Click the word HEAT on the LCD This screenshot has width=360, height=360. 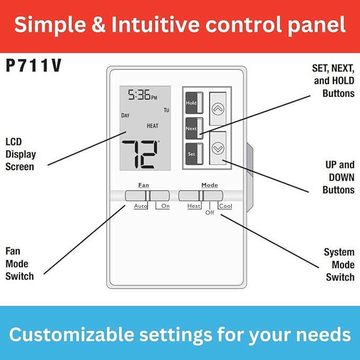pos(153,126)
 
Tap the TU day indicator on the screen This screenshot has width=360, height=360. pos(166,110)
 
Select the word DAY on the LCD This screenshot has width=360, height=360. pos(125,116)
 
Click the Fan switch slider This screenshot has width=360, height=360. pos(147,195)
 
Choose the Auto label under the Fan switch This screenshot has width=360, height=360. pos(141,206)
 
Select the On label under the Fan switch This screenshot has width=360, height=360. pos(165,206)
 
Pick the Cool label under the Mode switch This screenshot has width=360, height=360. pos(225,206)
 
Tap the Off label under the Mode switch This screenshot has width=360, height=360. pos(210,213)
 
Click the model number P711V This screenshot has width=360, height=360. pos(34,66)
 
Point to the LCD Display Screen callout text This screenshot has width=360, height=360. pos(20,154)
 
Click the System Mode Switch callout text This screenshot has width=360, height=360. pos(339,265)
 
